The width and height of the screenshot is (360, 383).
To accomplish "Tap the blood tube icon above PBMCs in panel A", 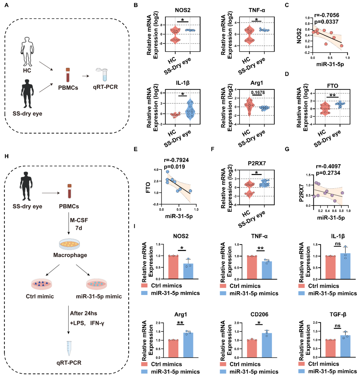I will tap(68, 75).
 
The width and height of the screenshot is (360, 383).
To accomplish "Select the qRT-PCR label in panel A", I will tap(105, 87).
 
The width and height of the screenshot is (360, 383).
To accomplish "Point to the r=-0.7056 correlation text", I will tap(326, 15).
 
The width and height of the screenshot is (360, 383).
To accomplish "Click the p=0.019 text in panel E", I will tap(174, 167).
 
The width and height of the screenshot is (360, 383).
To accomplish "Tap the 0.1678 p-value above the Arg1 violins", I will tap(258, 93).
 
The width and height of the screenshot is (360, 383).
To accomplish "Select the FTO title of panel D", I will tap(332, 86).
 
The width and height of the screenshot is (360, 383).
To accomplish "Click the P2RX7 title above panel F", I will tap(257, 163).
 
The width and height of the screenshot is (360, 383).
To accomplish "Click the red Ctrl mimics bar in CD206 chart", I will tap(252, 348).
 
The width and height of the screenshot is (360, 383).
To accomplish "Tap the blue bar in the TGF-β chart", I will tap(345, 346).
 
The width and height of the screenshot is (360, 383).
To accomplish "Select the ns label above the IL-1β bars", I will tap(338, 244).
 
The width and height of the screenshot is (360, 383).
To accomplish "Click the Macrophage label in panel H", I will tap(70, 255).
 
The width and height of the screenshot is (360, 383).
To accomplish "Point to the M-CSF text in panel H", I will tap(79, 220).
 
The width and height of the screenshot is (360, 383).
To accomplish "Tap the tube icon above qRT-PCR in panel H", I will tap(69, 348).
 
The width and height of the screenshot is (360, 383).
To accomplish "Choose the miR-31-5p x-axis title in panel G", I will tap(331, 218).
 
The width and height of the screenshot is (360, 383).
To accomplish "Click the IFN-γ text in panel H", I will tap(97, 323).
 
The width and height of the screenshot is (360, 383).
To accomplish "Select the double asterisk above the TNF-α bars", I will tap(261, 248).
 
